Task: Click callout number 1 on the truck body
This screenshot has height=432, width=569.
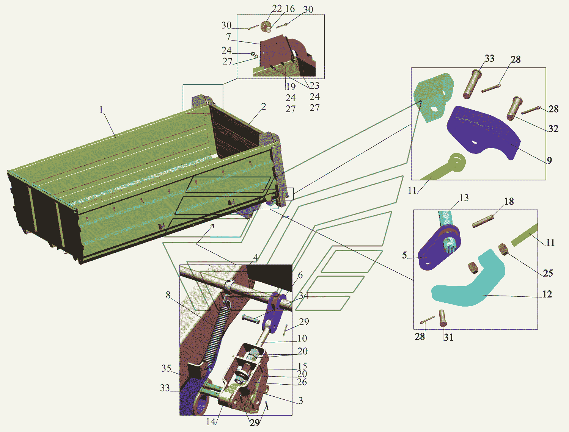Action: [x=101, y=110]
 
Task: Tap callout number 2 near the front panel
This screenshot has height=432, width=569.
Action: [x=263, y=106]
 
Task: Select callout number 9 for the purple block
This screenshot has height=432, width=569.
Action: [x=549, y=160]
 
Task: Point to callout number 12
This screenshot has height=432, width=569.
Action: [x=547, y=294]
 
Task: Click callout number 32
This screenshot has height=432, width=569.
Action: [x=553, y=128]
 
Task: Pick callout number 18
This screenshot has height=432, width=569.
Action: [x=509, y=201]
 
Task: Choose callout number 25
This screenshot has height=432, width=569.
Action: [x=548, y=273]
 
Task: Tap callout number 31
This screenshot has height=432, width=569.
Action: [x=448, y=337]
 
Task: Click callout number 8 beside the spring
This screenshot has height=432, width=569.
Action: [x=168, y=295]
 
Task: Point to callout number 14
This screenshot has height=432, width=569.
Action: [x=211, y=422]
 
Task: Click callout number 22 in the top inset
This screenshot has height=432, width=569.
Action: [x=277, y=9]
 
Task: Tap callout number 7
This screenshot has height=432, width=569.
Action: [x=228, y=37]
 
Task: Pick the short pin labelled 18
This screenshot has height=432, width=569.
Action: [x=483, y=222]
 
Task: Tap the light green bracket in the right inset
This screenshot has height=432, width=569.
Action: [x=433, y=97]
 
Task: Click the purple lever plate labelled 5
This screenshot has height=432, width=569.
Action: [x=438, y=249]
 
